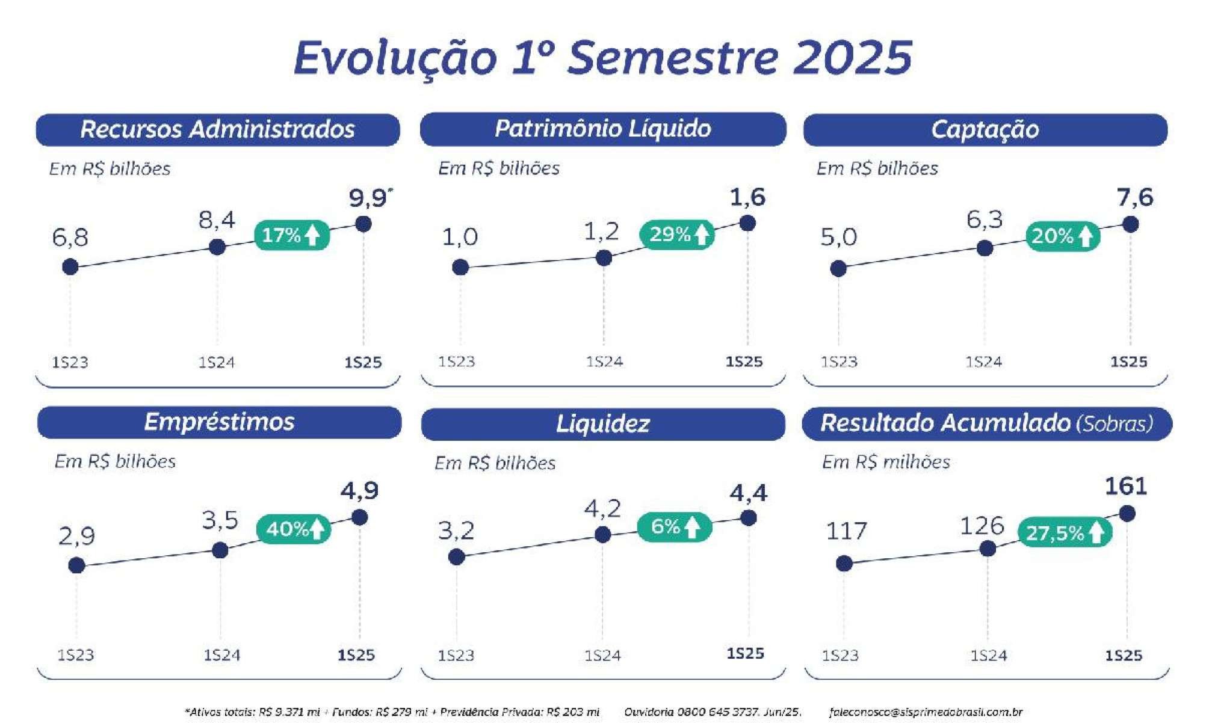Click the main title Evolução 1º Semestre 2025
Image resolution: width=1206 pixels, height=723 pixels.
coord(603,58)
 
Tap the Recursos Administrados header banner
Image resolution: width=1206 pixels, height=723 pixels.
coord(218,129)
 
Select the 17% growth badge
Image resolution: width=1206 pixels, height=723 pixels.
coord(292,235)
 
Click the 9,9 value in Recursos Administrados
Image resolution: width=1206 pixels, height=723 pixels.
coord(368,198)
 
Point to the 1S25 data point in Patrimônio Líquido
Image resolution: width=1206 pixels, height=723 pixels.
coord(747,223)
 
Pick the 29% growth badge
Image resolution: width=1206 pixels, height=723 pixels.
coord(677,234)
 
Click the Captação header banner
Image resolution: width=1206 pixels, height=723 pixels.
coord(985,129)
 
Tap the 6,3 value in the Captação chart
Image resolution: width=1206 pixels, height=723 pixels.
coord(985,220)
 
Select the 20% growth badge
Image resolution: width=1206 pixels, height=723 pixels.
coord(1063,236)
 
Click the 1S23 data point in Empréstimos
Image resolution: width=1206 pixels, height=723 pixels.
coord(76,565)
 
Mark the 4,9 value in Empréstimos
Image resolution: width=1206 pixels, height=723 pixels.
coord(359,491)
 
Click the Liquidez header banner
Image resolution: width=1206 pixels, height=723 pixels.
coord(603,423)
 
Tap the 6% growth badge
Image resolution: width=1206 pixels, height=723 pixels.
coord(675,527)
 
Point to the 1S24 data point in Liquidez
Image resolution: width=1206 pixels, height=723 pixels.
coord(602,534)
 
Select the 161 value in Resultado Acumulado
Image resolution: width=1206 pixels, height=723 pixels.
coord(1126,486)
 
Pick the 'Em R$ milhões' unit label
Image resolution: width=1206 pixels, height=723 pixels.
coord(886,462)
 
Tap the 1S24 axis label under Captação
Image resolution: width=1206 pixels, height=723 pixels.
coord(983,362)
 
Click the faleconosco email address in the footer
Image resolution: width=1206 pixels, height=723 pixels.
coord(926,712)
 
